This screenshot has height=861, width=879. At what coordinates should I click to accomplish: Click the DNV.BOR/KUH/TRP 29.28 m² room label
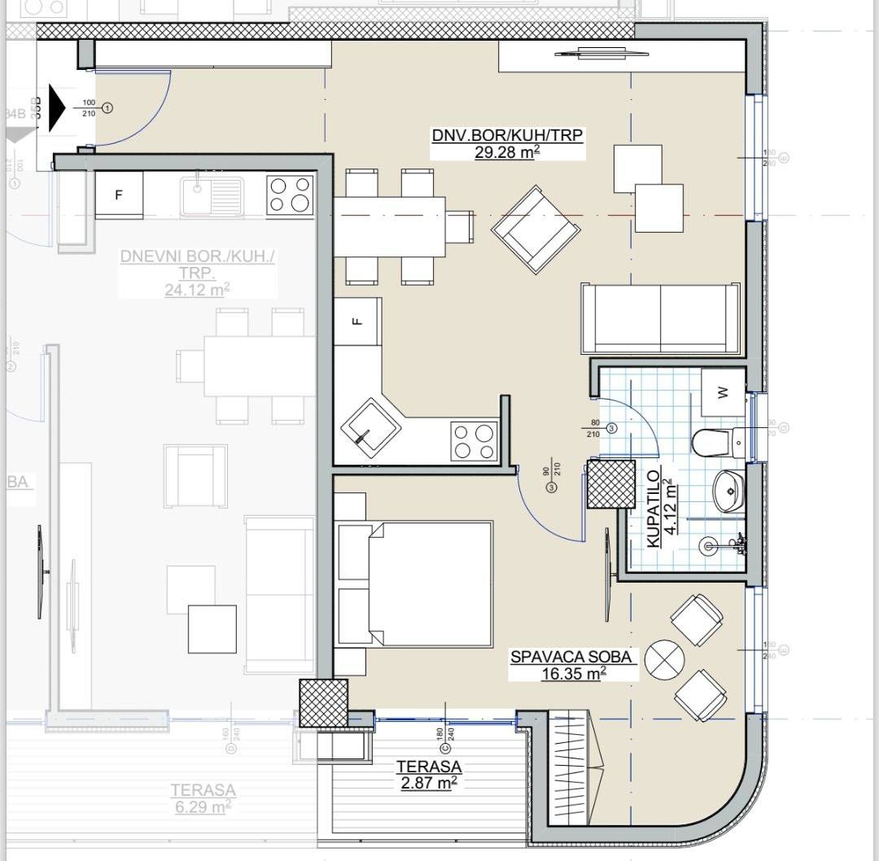point(507,143)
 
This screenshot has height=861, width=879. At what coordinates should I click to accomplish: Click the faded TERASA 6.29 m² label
point(203,798)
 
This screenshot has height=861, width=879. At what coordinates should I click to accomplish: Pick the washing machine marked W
point(723,392)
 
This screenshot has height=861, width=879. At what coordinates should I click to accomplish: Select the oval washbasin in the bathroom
point(728,491)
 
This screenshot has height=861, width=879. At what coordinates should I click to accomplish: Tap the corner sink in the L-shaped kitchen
point(370,426)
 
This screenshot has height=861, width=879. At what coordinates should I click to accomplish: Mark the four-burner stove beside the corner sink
point(474,442)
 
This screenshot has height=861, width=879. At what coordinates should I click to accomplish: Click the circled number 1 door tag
point(107,107)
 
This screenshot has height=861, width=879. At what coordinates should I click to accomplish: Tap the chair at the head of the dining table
point(460,227)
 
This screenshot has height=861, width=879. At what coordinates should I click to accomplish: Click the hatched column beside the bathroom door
point(611,484)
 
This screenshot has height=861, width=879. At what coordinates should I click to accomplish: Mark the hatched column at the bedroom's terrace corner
point(323,702)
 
